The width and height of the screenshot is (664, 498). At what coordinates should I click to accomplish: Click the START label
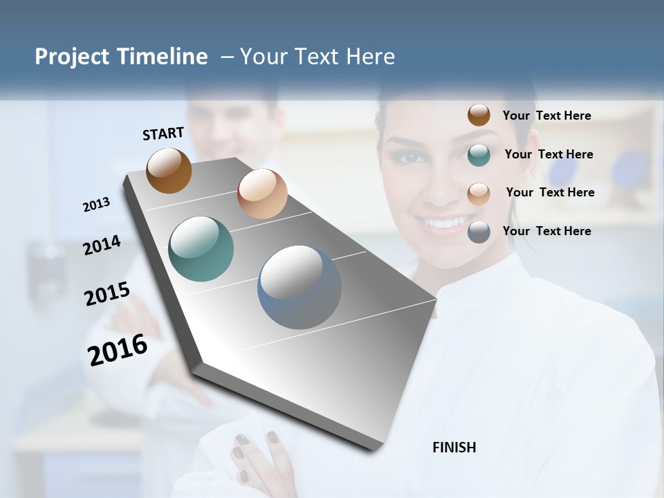click(x=163, y=133)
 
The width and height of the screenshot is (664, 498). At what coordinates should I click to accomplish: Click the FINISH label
click(x=454, y=448)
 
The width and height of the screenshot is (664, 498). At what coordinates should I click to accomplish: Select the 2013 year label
click(x=96, y=204)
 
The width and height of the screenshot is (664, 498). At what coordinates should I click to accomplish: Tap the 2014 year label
click(x=102, y=245)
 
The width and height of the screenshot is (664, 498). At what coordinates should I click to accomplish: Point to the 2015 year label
click(x=107, y=293)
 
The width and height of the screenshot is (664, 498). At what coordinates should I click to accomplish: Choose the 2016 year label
click(x=118, y=350)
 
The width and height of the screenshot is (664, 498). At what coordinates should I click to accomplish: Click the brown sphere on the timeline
click(x=169, y=170)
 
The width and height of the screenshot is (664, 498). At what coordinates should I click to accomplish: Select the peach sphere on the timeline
click(x=262, y=194)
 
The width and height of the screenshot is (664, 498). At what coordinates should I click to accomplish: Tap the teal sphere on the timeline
click(x=201, y=249)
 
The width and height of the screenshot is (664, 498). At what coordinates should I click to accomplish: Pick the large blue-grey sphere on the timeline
click(x=299, y=287)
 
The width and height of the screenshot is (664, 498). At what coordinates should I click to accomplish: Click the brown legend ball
click(x=479, y=115)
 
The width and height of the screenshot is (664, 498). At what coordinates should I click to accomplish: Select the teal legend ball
click(x=479, y=155)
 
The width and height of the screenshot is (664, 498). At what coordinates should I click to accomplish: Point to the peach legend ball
click(x=479, y=193)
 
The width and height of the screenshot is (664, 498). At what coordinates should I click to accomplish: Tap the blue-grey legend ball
click(x=479, y=232)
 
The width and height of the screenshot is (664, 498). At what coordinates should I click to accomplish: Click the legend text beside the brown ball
click(x=546, y=116)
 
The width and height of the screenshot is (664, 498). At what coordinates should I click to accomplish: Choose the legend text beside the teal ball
click(x=548, y=154)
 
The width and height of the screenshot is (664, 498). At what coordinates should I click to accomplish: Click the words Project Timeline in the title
click(x=121, y=57)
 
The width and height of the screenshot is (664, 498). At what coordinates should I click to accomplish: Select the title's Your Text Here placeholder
click(x=317, y=57)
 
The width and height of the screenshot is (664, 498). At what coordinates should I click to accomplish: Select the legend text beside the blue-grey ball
click(x=546, y=231)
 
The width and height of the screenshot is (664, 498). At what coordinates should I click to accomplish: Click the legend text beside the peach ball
click(x=550, y=192)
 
